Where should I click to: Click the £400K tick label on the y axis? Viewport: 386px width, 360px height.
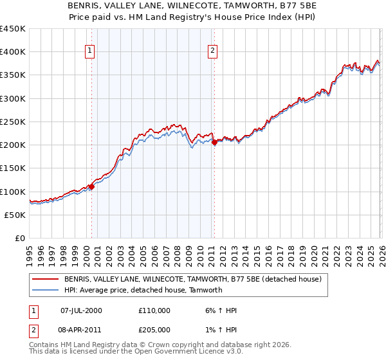(x=12, y=52)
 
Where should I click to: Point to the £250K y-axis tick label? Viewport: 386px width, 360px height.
(x=12, y=122)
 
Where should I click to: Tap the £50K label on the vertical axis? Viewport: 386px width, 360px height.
(x=15, y=215)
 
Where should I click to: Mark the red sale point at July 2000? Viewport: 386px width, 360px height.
(x=91, y=187)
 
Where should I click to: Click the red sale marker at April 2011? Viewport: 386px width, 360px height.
(x=214, y=143)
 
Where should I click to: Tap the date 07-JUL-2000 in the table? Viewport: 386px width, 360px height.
(x=81, y=310)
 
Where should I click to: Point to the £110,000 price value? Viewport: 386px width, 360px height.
(x=154, y=310)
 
